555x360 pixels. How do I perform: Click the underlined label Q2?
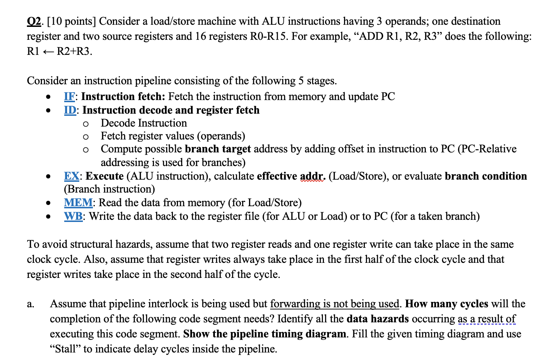pyautogui.click(x=34, y=22)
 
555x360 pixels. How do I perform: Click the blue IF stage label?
pyautogui.click(x=69, y=96)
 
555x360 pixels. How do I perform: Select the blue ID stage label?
pyautogui.click(x=70, y=110)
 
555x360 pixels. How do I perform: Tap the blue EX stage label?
pyautogui.click(x=71, y=176)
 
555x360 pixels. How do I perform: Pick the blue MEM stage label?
pyautogui.click(x=78, y=203)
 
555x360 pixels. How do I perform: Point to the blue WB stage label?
pyautogui.click(x=73, y=216)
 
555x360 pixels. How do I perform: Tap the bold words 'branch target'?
pyautogui.click(x=218, y=149)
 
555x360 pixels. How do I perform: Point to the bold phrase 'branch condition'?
pyautogui.click(x=486, y=176)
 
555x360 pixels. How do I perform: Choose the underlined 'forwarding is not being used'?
pyautogui.click(x=334, y=304)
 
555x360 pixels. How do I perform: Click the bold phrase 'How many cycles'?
pyautogui.click(x=447, y=304)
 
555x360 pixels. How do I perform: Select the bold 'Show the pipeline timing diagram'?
pyautogui.click(x=265, y=334)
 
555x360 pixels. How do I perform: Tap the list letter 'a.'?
pyautogui.click(x=30, y=304)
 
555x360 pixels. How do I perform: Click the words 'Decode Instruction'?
pyautogui.click(x=144, y=123)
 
